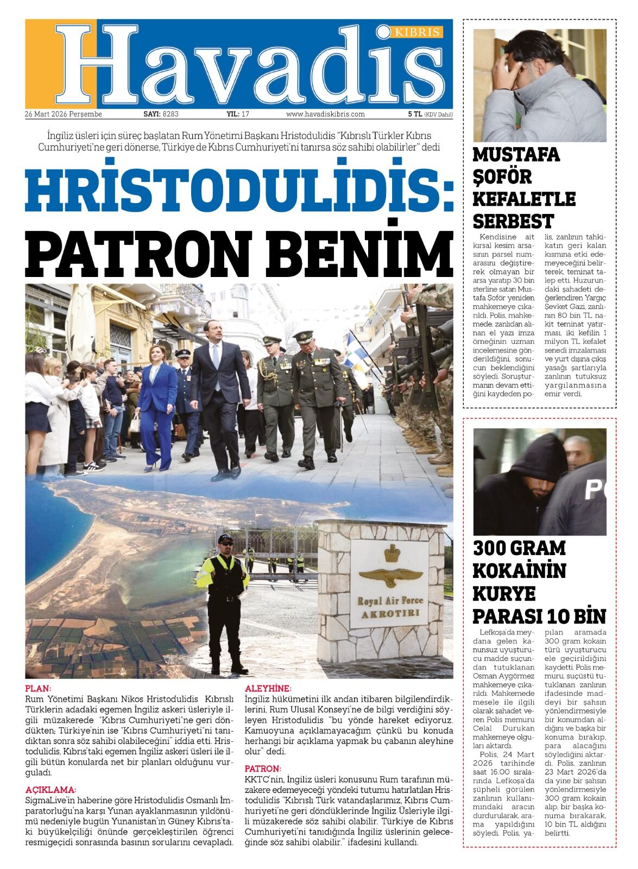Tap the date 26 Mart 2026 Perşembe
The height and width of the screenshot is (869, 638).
point(63,114)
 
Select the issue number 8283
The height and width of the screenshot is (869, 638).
point(170,114)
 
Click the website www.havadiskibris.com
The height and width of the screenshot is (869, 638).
point(325,114)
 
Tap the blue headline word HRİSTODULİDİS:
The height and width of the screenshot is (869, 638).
point(239,191)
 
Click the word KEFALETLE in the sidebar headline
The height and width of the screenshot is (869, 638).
point(523,199)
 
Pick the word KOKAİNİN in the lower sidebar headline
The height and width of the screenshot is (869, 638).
point(519,571)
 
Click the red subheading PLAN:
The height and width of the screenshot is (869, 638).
point(38,688)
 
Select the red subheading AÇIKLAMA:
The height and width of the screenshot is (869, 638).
point(50,789)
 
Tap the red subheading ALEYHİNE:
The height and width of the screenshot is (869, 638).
point(268,688)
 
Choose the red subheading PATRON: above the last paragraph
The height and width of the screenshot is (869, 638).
point(263,769)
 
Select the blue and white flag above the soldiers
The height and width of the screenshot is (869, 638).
point(356,348)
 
